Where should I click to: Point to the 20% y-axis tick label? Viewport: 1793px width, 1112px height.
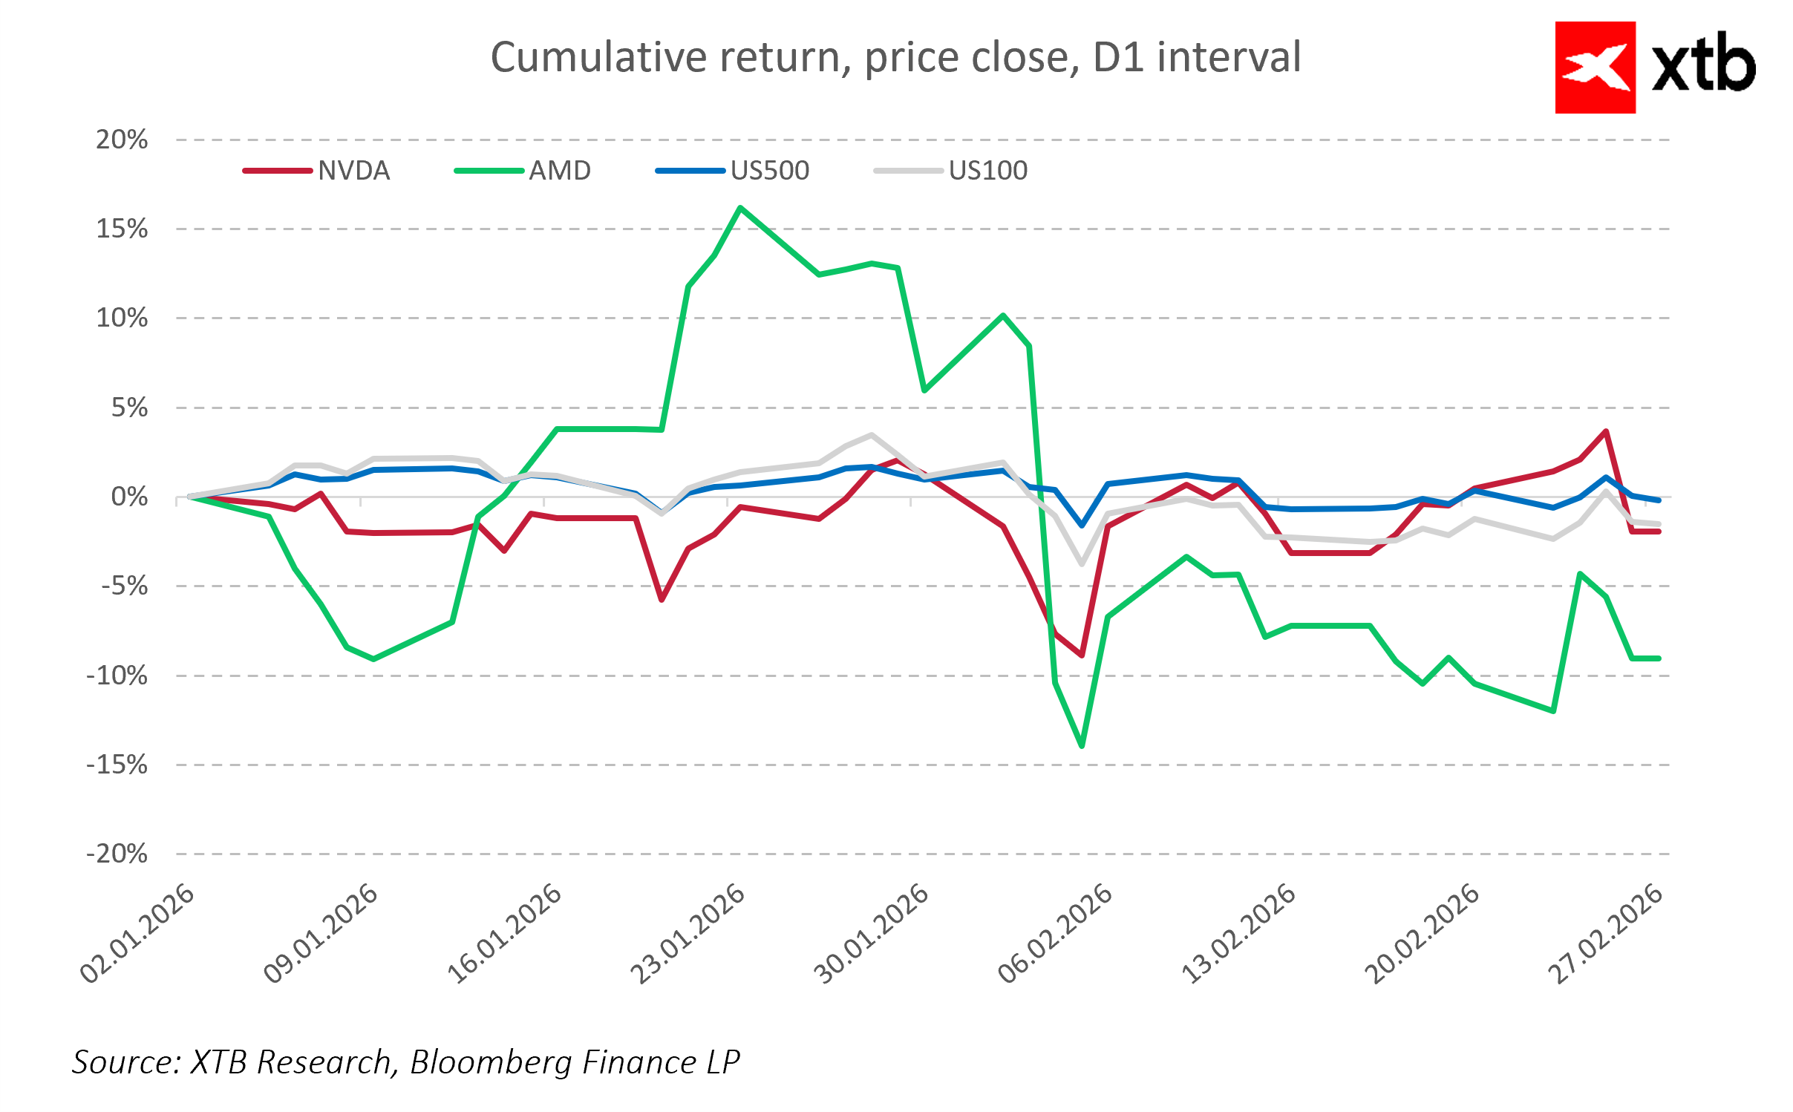click(x=122, y=140)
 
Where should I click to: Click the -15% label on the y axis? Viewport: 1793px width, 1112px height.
click(x=117, y=765)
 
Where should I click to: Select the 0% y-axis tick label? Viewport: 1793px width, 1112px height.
click(x=129, y=497)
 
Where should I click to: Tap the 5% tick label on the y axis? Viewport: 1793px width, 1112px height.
click(x=129, y=408)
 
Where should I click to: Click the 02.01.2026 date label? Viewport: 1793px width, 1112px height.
click(x=138, y=934)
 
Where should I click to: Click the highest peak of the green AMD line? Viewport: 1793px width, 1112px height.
click(x=740, y=208)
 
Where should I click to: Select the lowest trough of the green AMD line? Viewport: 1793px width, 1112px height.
click(x=1082, y=745)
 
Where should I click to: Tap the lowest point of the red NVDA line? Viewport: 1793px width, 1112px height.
click(x=1082, y=655)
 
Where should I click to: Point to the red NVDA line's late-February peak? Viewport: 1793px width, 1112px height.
click(x=1606, y=431)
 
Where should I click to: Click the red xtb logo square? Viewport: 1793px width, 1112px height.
click(x=1595, y=68)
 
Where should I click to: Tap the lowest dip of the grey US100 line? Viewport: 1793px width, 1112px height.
click(x=1082, y=563)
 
